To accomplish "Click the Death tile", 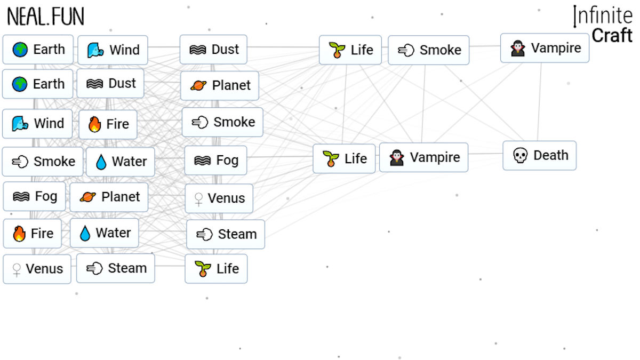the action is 539,155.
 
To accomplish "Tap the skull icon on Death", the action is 521,155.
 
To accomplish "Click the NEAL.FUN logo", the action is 46,17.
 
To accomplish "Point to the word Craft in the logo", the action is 612,35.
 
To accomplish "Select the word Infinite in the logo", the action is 603,16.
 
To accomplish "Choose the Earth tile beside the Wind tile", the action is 38,50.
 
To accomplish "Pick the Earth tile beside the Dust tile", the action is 38,84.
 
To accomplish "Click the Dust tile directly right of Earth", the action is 110,83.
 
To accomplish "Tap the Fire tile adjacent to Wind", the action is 108,124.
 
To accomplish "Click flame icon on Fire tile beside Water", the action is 19,234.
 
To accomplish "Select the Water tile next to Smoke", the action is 121,162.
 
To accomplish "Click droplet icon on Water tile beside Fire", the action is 85,233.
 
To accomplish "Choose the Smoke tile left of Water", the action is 43,162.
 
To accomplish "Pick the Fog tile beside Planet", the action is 34,197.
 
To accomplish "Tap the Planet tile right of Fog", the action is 109,197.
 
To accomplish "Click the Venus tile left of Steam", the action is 37,269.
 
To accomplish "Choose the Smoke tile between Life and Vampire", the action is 429,50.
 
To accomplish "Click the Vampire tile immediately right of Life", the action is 423,157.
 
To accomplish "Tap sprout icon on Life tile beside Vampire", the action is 331,158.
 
